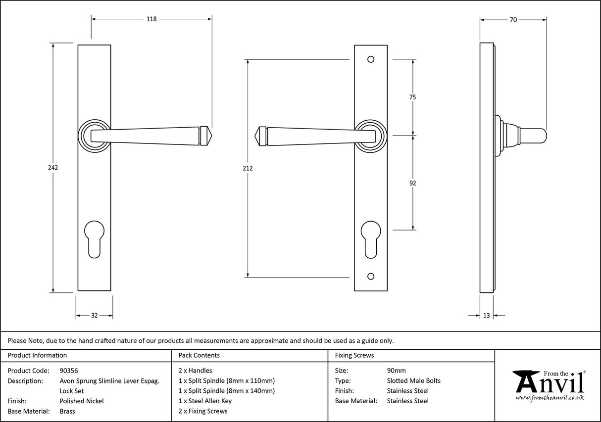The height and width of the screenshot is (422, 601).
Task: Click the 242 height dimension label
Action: (53, 168)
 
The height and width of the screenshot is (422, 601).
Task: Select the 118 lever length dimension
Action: (151, 19)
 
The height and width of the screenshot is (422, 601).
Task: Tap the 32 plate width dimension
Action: (94, 315)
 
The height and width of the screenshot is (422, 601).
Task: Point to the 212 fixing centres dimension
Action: (248, 168)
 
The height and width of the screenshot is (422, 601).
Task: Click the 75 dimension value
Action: (412, 97)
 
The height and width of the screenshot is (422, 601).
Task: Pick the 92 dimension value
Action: (412, 183)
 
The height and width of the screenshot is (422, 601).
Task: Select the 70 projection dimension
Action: (513, 20)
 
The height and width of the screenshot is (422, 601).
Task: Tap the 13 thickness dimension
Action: (486, 315)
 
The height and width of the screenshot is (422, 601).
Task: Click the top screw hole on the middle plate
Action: (371, 59)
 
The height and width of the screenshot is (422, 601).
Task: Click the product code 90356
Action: (68, 371)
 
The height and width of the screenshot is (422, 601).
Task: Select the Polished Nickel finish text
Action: (82, 401)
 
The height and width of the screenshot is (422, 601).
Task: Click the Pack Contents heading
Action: (199, 355)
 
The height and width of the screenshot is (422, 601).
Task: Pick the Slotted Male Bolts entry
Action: (413, 381)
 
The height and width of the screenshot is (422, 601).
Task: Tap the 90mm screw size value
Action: (396, 371)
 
